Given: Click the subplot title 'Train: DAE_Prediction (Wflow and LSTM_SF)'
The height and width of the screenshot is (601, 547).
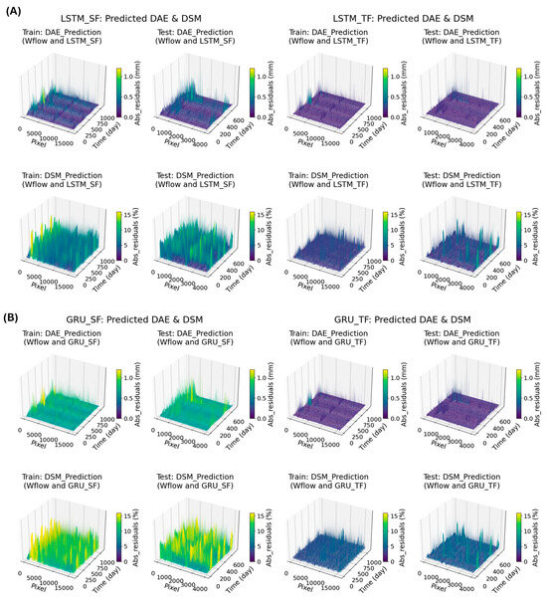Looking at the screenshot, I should pyautogui.click(x=68, y=44).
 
